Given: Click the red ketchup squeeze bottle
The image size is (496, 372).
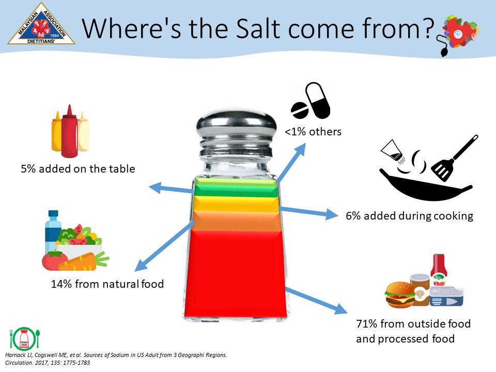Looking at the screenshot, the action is point(70,131).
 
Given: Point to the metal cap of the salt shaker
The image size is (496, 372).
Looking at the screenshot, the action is point(236,133).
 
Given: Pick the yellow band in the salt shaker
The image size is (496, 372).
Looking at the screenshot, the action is point(236,204).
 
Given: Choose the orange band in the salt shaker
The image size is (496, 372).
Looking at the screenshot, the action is point(236,221).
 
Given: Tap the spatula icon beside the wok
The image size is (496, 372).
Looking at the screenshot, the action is point(454,158).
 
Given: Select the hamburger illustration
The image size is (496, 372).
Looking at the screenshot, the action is point(400,295).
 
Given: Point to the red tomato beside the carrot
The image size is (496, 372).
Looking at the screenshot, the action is point(54,260).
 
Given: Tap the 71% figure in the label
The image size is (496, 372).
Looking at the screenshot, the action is point(367,323).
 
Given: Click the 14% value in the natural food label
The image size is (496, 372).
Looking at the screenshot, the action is point(61,284).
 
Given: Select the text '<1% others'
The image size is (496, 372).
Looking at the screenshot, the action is point(313,131).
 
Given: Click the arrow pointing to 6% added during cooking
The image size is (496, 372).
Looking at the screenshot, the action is point(308,212).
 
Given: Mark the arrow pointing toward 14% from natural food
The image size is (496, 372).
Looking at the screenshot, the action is point(164,246).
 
